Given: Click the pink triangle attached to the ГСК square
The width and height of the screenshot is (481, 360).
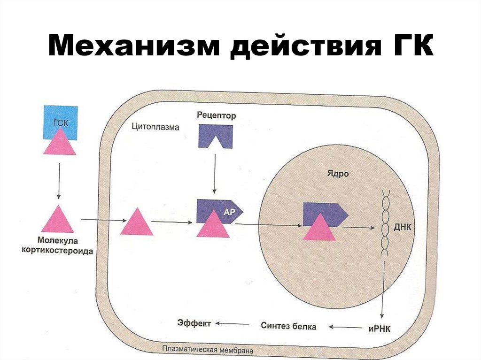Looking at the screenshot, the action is [x=60, y=143].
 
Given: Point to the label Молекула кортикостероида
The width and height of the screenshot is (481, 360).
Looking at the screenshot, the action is [x=57, y=246].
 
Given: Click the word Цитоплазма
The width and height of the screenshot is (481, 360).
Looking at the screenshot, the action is [x=155, y=127].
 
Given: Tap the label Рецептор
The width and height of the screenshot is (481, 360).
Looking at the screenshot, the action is [x=216, y=115].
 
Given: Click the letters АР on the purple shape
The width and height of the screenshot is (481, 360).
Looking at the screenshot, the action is [x=229, y=212].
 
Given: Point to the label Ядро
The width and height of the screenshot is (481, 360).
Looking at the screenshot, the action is [x=337, y=174].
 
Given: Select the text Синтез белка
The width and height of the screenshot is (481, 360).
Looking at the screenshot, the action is [x=288, y=326].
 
